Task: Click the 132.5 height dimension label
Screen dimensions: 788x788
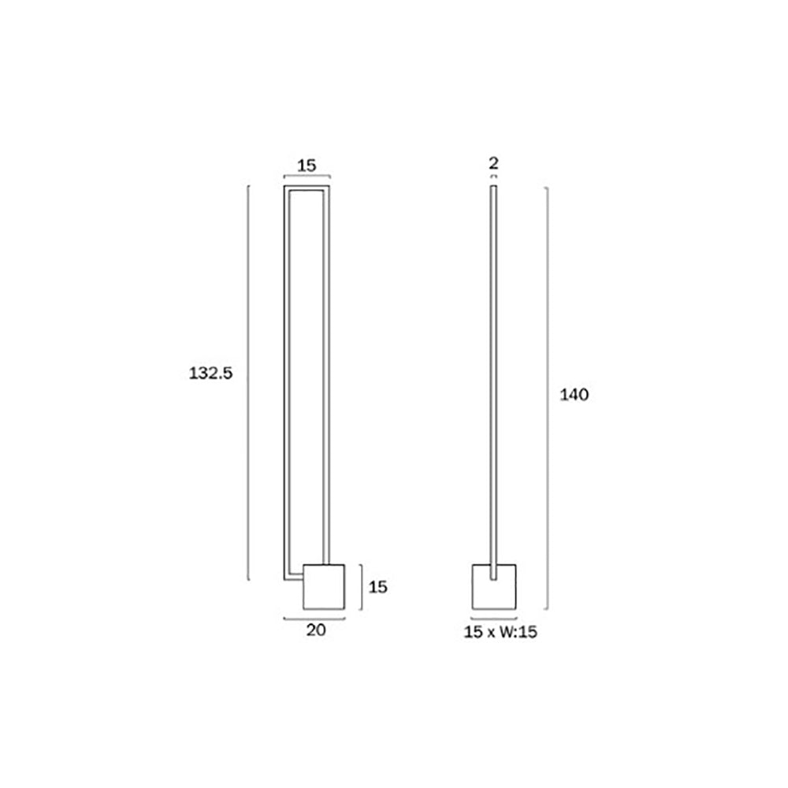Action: pos(210,374)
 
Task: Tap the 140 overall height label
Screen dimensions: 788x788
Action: pos(574,395)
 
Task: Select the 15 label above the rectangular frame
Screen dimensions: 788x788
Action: pos(307,165)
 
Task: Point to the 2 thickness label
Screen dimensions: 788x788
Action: pos(493,163)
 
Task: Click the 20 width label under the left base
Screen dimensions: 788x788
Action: pos(316,630)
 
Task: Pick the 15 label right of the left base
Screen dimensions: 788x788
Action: pos(378,587)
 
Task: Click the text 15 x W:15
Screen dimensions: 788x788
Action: pos(500,632)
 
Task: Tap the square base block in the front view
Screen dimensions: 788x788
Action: pos(324,587)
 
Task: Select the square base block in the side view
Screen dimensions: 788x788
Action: pos(494,587)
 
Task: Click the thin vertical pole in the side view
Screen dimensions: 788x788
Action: pos(493,383)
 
